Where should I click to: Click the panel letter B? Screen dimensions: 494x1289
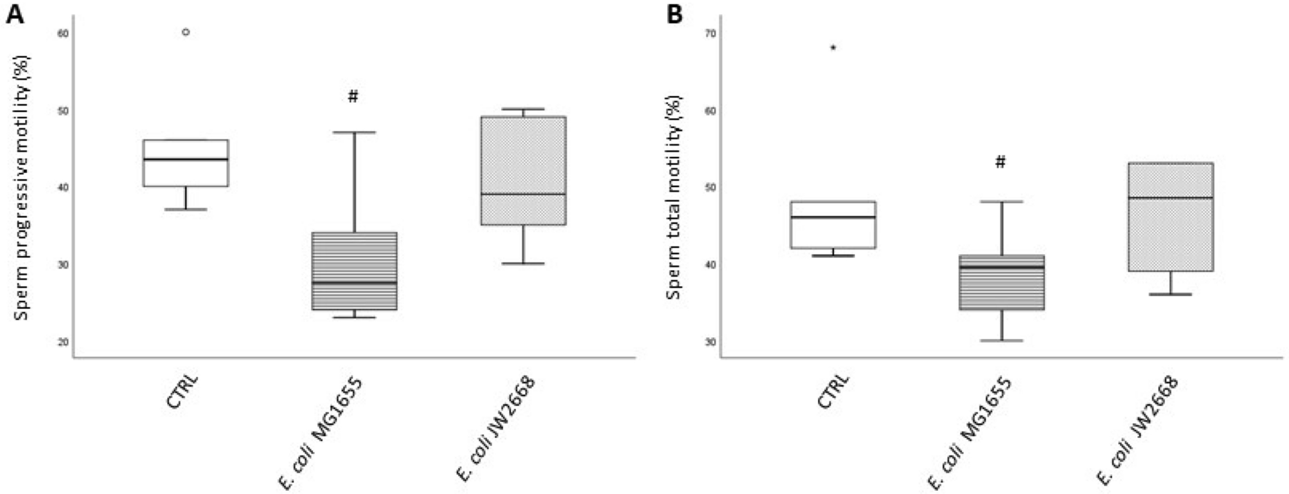[674, 14]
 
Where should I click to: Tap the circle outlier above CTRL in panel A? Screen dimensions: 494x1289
[186, 32]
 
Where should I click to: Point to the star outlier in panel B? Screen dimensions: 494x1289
[833, 48]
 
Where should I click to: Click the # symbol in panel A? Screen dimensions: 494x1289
[353, 96]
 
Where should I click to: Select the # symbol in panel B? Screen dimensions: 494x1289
[1000, 162]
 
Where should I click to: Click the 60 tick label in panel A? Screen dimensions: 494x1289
[63, 33]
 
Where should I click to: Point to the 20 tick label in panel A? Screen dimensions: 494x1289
[63, 342]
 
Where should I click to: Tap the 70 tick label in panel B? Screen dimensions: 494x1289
[710, 33]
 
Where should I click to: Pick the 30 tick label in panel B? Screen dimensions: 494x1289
[710, 342]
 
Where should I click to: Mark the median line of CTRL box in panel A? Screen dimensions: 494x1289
[186, 159]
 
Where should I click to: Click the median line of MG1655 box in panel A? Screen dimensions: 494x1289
[354, 282]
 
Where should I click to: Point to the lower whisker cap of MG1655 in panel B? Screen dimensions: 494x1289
[1001, 340]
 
